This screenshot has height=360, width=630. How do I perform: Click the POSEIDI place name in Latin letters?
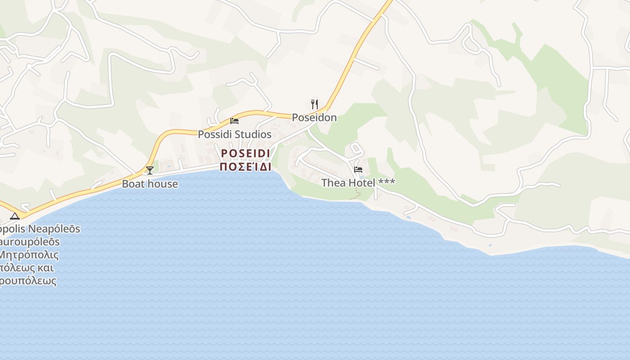pos(245,153)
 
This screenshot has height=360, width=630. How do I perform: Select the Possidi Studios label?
pos(234,135)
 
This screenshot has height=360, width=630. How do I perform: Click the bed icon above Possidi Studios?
pos(234,121)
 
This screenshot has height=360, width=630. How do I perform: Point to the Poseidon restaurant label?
pos(314,117)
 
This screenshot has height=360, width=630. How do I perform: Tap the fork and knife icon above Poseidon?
pos(315,104)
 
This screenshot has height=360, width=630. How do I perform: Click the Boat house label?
pos(150,184)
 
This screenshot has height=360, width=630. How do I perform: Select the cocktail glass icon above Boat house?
pos(150,170)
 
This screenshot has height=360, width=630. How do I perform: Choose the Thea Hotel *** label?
pos(358,183)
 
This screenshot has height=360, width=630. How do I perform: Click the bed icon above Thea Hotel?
pos(358,169)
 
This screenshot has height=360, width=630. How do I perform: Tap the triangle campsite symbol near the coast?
pos(15,216)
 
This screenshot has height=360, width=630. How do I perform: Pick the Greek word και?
pos(46,268)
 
